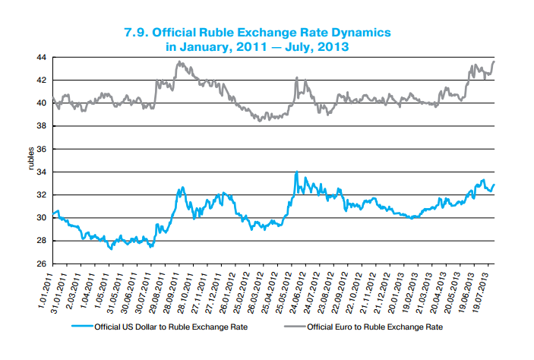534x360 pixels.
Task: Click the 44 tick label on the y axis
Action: tap(42, 58)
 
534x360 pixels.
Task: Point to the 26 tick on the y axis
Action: tap(42, 264)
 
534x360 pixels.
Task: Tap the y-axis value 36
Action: tap(42, 149)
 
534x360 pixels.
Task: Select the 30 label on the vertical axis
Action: tap(42, 218)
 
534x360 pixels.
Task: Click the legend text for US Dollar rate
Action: tap(171, 328)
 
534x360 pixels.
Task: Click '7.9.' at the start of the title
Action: tap(137, 33)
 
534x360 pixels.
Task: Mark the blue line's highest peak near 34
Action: tap(296, 172)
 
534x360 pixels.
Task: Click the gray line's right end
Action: tap(495, 61)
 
